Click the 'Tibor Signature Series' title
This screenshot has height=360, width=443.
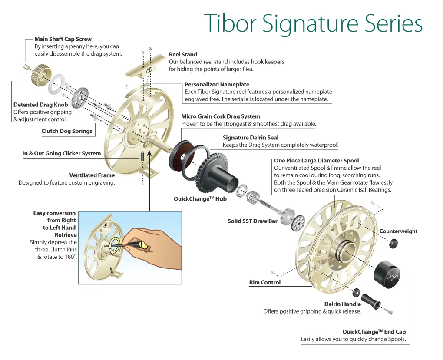click(313, 23)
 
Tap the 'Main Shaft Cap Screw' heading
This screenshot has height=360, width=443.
click(63, 39)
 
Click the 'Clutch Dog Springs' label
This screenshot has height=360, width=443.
click(67, 131)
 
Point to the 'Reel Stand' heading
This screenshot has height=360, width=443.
click(183, 55)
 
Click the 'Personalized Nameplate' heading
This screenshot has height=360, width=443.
click(217, 84)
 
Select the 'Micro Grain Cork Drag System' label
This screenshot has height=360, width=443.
click(221, 116)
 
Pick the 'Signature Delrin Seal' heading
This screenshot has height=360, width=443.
click(251, 138)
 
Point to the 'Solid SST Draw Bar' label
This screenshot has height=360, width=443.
click(252, 221)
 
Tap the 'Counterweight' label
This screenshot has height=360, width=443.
click(398, 231)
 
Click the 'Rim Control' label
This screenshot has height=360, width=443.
click(264, 282)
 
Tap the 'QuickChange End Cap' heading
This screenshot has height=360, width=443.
click(374, 332)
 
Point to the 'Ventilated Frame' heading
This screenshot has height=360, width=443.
click(92, 175)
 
